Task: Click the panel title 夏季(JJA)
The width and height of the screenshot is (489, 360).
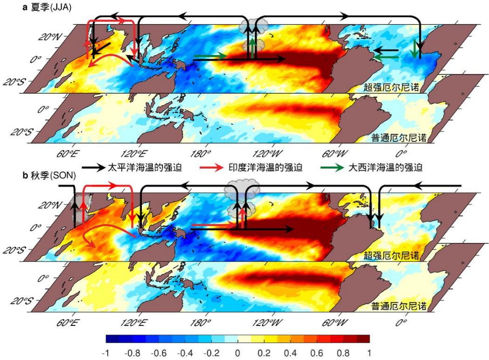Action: tap(51, 7)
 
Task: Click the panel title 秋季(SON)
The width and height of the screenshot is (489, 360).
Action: tap(53, 175)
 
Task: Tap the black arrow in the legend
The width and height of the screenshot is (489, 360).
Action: tap(93, 168)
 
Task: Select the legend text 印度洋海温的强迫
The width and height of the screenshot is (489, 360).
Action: tap(265, 168)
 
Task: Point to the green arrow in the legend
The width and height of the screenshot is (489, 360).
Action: tap(332, 168)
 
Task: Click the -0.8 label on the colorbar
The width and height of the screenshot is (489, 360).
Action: tap(132, 353)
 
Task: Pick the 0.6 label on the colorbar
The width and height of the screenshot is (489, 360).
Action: tap(316, 353)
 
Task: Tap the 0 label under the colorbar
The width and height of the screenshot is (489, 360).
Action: tap(238, 353)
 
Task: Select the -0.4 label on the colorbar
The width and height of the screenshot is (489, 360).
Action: tap(185, 353)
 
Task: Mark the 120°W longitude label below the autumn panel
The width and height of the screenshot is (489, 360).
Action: tap(267, 322)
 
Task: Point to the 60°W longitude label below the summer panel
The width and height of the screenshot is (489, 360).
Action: tap(335, 154)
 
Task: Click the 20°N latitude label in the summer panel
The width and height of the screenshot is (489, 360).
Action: tap(50, 37)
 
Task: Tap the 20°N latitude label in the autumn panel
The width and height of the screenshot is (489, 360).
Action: tap(50, 205)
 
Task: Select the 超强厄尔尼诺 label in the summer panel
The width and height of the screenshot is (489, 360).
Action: tap(391, 87)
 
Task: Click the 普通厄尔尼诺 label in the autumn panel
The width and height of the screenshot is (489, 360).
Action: tap(399, 306)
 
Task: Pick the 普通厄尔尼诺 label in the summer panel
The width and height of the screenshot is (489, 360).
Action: tap(399, 137)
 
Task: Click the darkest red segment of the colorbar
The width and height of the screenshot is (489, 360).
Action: tap(363, 339)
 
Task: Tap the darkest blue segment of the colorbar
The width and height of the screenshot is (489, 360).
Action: tap(112, 339)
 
